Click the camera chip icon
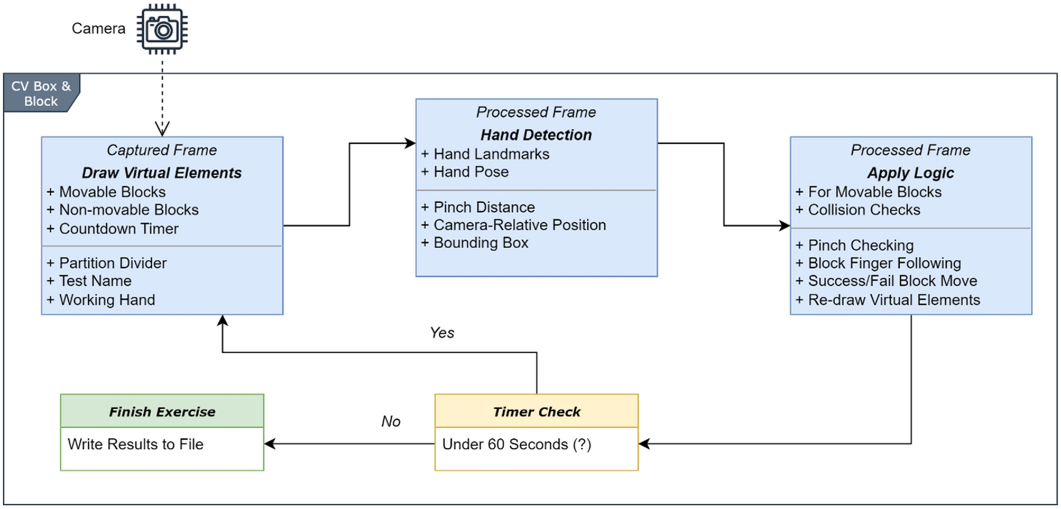point(162,29)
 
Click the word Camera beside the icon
point(98,29)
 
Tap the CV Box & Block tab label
point(41,93)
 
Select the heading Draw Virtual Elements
point(161,173)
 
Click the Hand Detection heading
point(536,135)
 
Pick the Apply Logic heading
point(910,173)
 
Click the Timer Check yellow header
point(536,411)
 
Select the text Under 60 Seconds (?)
point(516,444)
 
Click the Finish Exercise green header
point(162,411)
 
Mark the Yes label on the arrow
point(442,333)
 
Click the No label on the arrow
point(391,421)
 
